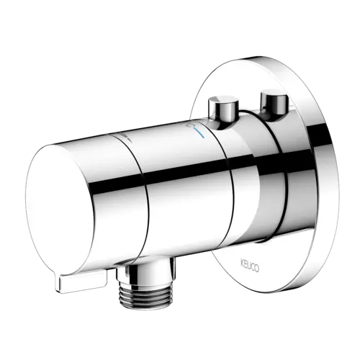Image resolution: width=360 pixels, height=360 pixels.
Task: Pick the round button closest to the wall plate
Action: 274,102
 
